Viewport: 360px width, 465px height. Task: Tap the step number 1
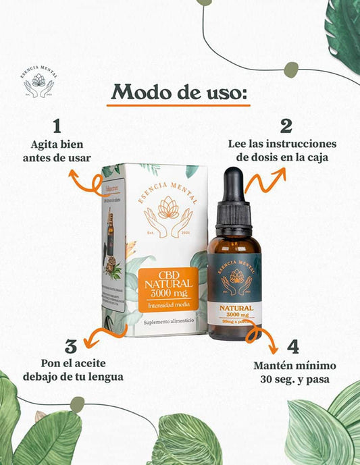point(57,126)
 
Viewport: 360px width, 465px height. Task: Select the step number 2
point(286,126)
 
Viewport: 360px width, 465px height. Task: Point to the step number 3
point(71,346)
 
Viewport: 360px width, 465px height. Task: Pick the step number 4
point(292,347)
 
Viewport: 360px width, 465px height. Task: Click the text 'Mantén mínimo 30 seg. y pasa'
point(297,372)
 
